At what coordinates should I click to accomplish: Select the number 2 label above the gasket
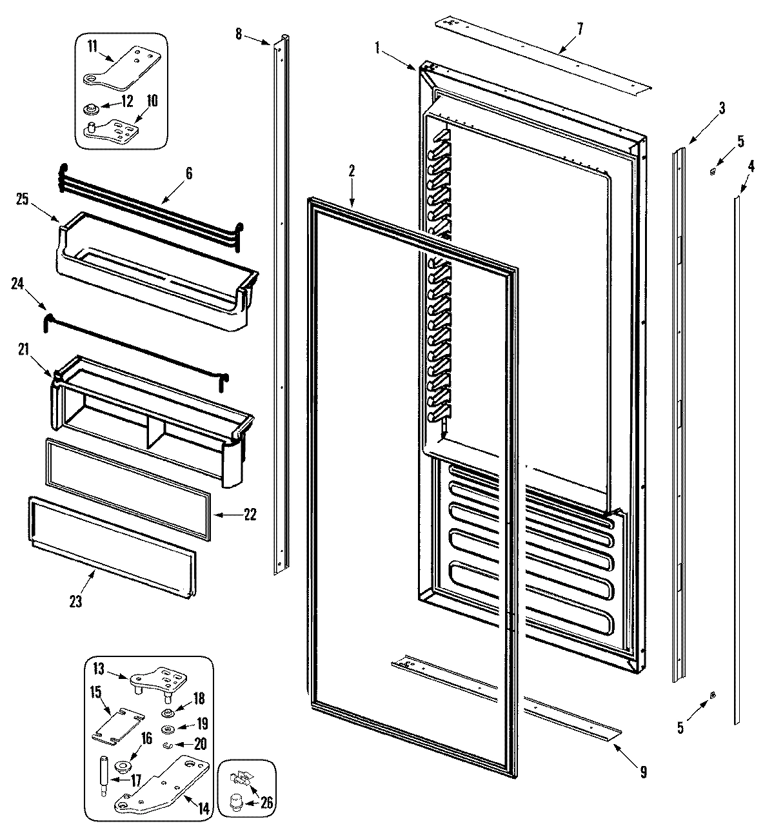pyautogui.click(x=352, y=171)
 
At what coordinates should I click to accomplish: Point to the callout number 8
pyautogui.click(x=239, y=34)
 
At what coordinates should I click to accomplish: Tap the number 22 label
pyautogui.click(x=250, y=514)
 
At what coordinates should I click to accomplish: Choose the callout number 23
pyautogui.click(x=75, y=602)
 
